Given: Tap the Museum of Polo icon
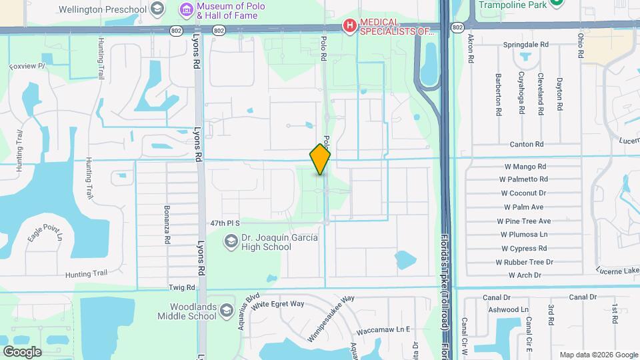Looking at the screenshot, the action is click(x=187, y=9).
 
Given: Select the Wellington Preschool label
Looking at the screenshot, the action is click(x=102, y=9).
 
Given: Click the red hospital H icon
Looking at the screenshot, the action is click(x=349, y=25).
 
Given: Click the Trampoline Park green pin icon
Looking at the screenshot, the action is click(x=557, y=3).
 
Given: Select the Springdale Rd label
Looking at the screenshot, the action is click(x=525, y=45).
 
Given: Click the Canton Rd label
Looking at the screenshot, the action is click(x=527, y=144).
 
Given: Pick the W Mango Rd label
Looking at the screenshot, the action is click(x=523, y=167).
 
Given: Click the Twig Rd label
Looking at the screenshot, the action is click(x=181, y=288).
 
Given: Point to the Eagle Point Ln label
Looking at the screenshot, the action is click(x=46, y=232).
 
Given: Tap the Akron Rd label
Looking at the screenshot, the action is click(x=471, y=48).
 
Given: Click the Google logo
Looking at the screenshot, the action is click(x=22, y=351).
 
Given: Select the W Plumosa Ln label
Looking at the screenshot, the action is click(x=524, y=235).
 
